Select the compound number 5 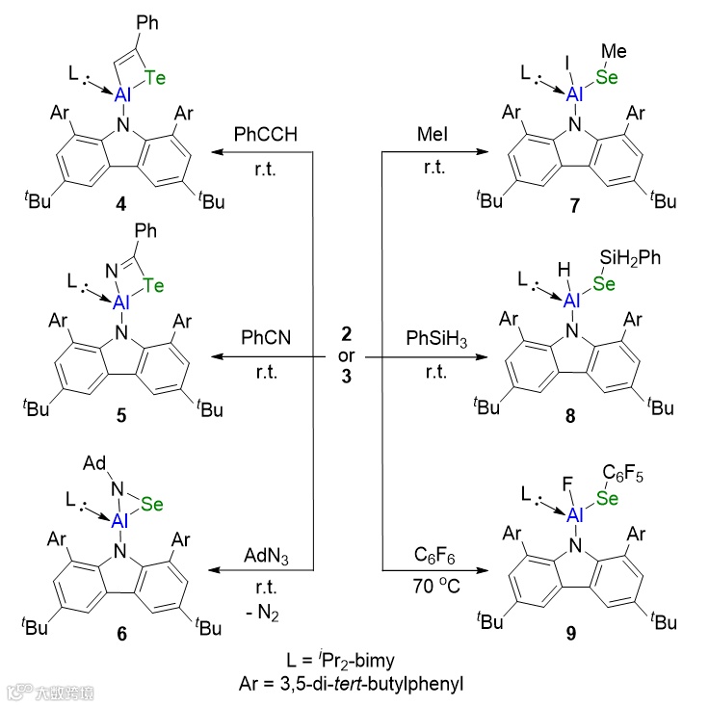(119, 420)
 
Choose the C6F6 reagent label (434, 554)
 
